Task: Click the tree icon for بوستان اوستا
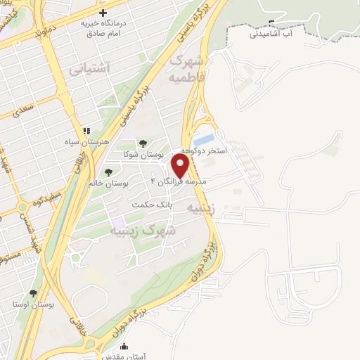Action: click(x=33, y=292)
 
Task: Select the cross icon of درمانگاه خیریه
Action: click(x=103, y=13)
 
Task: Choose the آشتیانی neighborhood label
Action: click(x=89, y=69)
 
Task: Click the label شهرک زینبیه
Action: click(x=148, y=230)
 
